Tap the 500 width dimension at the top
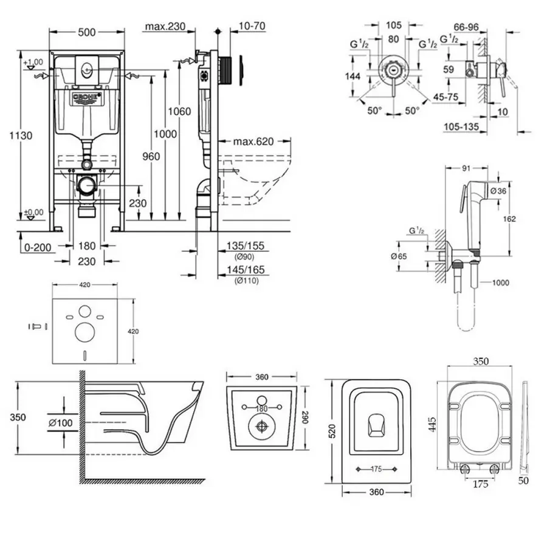click(87, 33)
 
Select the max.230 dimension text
click(164, 26)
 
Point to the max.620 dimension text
click(253, 142)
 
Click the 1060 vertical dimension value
click(180, 112)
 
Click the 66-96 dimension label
click(466, 26)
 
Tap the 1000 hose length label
click(500, 283)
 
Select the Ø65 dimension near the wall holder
click(399, 256)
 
